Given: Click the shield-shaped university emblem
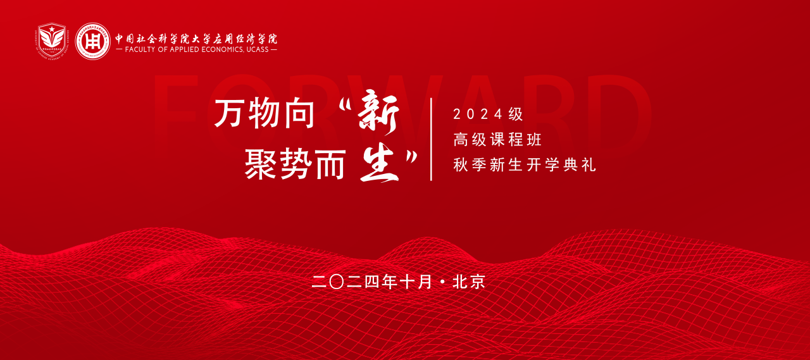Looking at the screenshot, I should click(52, 40).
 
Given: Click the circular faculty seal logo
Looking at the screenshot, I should click(92, 41).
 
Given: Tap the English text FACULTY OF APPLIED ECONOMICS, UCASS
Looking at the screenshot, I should click(196, 49).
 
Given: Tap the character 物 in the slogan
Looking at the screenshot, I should click(265, 115).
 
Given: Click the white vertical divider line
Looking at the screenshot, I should click(432, 139).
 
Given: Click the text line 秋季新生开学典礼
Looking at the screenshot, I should click(525, 165).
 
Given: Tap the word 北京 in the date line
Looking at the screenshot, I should click(470, 282).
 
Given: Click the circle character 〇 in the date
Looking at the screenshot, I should click(337, 282).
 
